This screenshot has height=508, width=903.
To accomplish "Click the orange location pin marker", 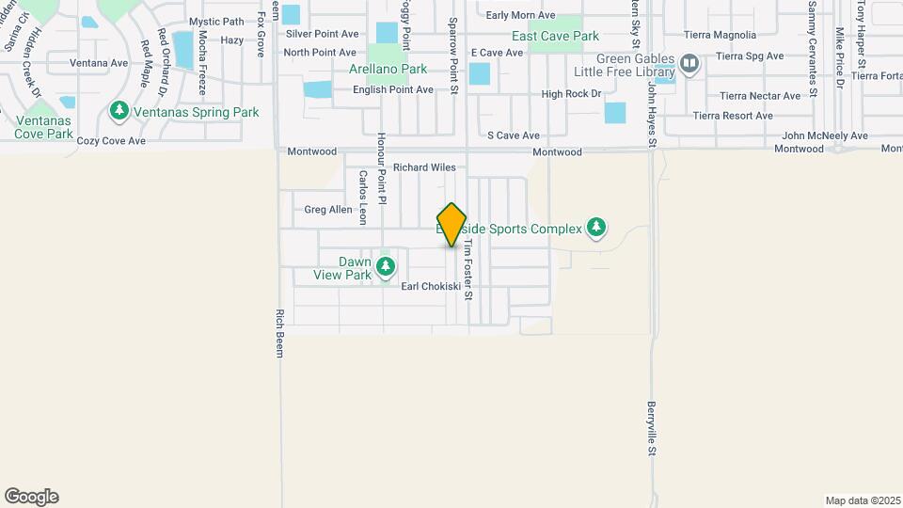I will [x=452, y=225].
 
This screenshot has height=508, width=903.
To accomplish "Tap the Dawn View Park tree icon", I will [x=386, y=267].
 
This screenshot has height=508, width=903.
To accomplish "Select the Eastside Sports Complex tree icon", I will [x=595, y=228].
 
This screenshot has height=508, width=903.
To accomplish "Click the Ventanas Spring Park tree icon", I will [x=119, y=112].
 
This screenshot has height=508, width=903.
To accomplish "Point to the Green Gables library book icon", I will [x=689, y=64].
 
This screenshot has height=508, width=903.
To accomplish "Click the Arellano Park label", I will [x=388, y=69].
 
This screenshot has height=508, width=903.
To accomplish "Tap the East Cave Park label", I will [x=555, y=36].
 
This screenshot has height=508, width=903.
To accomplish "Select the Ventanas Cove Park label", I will [x=43, y=127].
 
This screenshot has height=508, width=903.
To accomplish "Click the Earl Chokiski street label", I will [x=431, y=287].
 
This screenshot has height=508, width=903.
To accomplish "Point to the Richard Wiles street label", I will [x=424, y=167].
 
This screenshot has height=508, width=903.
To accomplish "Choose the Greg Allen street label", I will [x=328, y=210].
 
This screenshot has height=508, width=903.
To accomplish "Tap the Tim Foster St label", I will [x=467, y=268].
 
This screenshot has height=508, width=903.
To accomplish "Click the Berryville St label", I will [x=650, y=429].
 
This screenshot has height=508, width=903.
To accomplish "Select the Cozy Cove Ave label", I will [x=111, y=141].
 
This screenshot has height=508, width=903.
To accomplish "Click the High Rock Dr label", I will [x=571, y=94].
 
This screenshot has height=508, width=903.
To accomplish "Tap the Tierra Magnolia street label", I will [x=721, y=36].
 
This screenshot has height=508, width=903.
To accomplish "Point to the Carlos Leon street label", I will [x=362, y=198].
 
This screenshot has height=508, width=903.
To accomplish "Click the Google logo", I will [x=31, y=497].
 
